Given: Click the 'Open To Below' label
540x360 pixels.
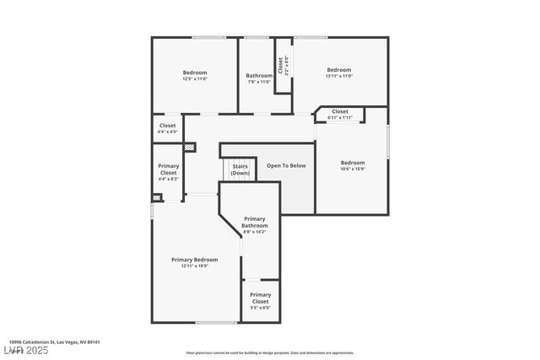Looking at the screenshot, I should point(286,165).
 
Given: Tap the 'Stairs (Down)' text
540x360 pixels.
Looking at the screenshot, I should point(240,169).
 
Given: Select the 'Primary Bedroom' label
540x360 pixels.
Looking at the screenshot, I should point(194,260).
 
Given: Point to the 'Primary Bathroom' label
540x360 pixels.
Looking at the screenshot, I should point(255,223).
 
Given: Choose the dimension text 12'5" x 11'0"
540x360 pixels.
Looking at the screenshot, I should point(195,79).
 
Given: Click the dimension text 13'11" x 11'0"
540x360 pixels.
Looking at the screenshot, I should point(338,76).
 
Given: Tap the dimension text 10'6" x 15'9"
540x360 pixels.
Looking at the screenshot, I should point(353,169).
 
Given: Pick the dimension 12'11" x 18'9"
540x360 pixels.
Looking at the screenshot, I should point(194,266).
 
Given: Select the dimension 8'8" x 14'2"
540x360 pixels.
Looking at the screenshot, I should point(255,232).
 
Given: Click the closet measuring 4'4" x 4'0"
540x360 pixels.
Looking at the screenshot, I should point(168,128).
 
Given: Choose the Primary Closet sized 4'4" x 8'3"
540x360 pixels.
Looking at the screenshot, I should point(168,172).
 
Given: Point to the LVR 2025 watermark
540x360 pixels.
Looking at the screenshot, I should point(26,349).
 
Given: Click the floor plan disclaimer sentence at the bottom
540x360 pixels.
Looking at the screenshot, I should point(270,353).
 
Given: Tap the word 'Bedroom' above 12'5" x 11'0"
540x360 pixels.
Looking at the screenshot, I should point(195,73).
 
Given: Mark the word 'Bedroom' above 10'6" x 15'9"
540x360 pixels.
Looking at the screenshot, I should point(353,162).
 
